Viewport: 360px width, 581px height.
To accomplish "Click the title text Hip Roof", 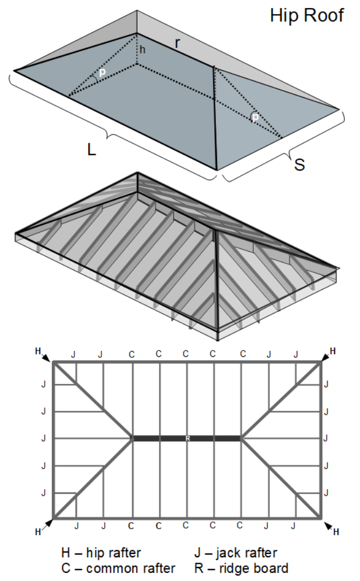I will tap(307, 15).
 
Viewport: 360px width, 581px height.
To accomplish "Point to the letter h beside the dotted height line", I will tap(142, 50).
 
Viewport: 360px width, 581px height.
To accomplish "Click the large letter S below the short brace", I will tap(299, 165).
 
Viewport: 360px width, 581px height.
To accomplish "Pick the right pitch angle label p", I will tap(255, 116).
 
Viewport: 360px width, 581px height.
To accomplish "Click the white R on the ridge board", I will tap(187, 438).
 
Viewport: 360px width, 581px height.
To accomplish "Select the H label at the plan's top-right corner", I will tap(333, 351).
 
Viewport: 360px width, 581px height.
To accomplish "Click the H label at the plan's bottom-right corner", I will tap(336, 532).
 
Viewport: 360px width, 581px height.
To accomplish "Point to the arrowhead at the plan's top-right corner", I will tap(325, 357).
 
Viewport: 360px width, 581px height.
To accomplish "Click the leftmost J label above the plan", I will tap(73, 354).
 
